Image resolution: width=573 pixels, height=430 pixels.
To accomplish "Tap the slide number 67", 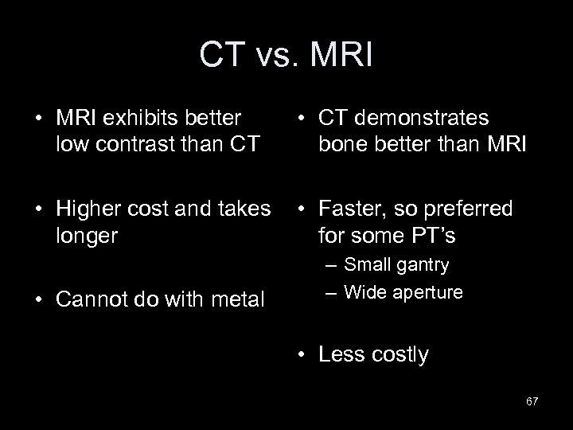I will click(x=532, y=401).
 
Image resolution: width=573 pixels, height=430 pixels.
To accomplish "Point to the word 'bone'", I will click(x=341, y=146).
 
